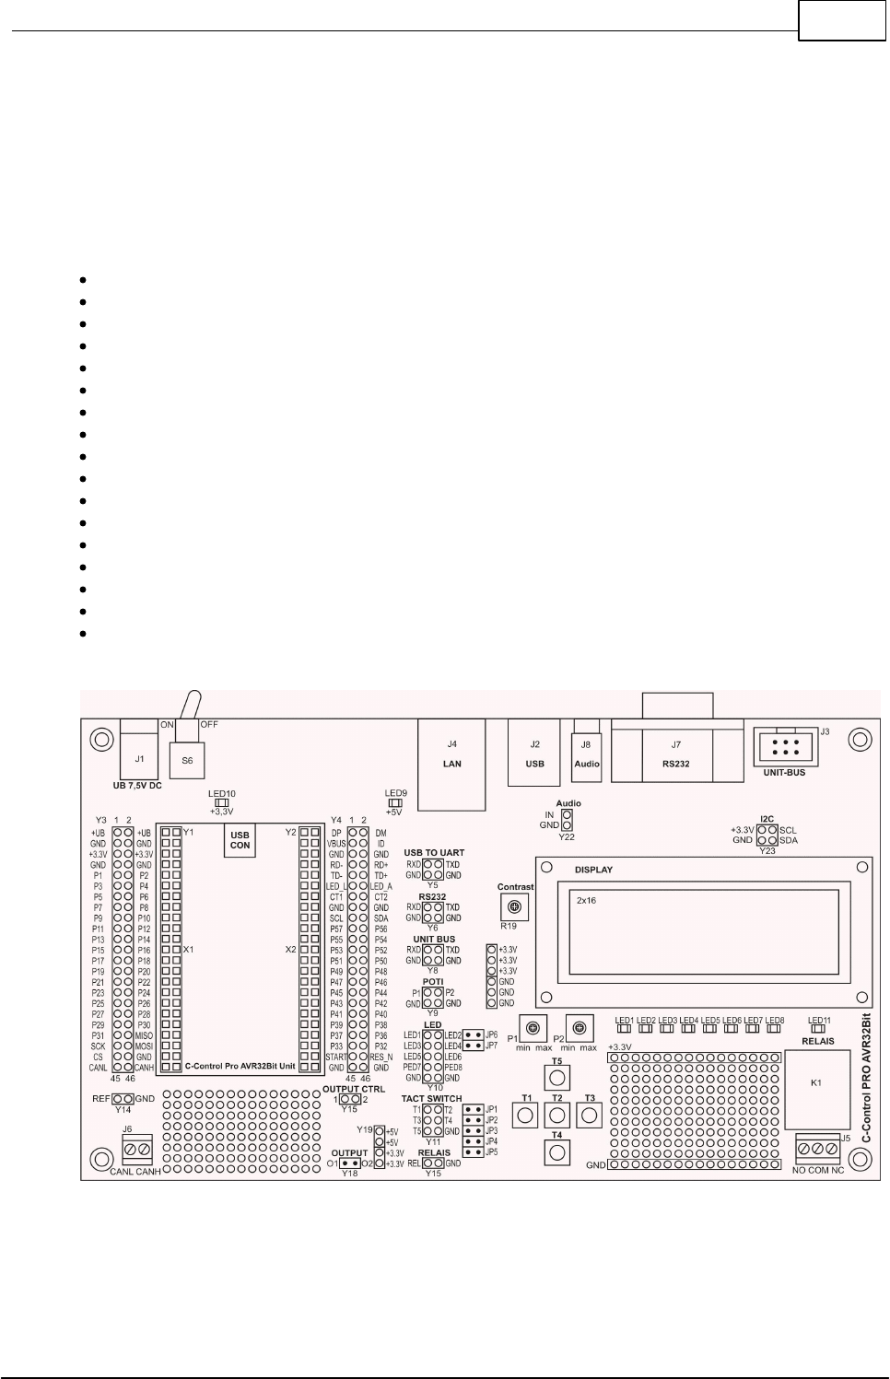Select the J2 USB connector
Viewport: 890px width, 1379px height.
coord(534,753)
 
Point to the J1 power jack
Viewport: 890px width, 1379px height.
coord(139,759)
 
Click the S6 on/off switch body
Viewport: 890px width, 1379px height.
coord(187,760)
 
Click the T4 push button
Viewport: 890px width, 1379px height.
coord(557,1151)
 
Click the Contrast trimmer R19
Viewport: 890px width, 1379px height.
coord(515,907)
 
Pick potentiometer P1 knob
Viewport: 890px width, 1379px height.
coord(533,1027)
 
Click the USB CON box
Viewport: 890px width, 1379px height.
coord(240,840)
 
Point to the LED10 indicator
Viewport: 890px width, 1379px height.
coord(221,802)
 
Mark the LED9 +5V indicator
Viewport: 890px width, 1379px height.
coord(395,802)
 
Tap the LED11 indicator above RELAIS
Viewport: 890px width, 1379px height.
coord(818,1030)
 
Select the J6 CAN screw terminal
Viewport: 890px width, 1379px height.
coord(138,1149)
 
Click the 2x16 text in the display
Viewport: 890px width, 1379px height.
coord(586,900)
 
